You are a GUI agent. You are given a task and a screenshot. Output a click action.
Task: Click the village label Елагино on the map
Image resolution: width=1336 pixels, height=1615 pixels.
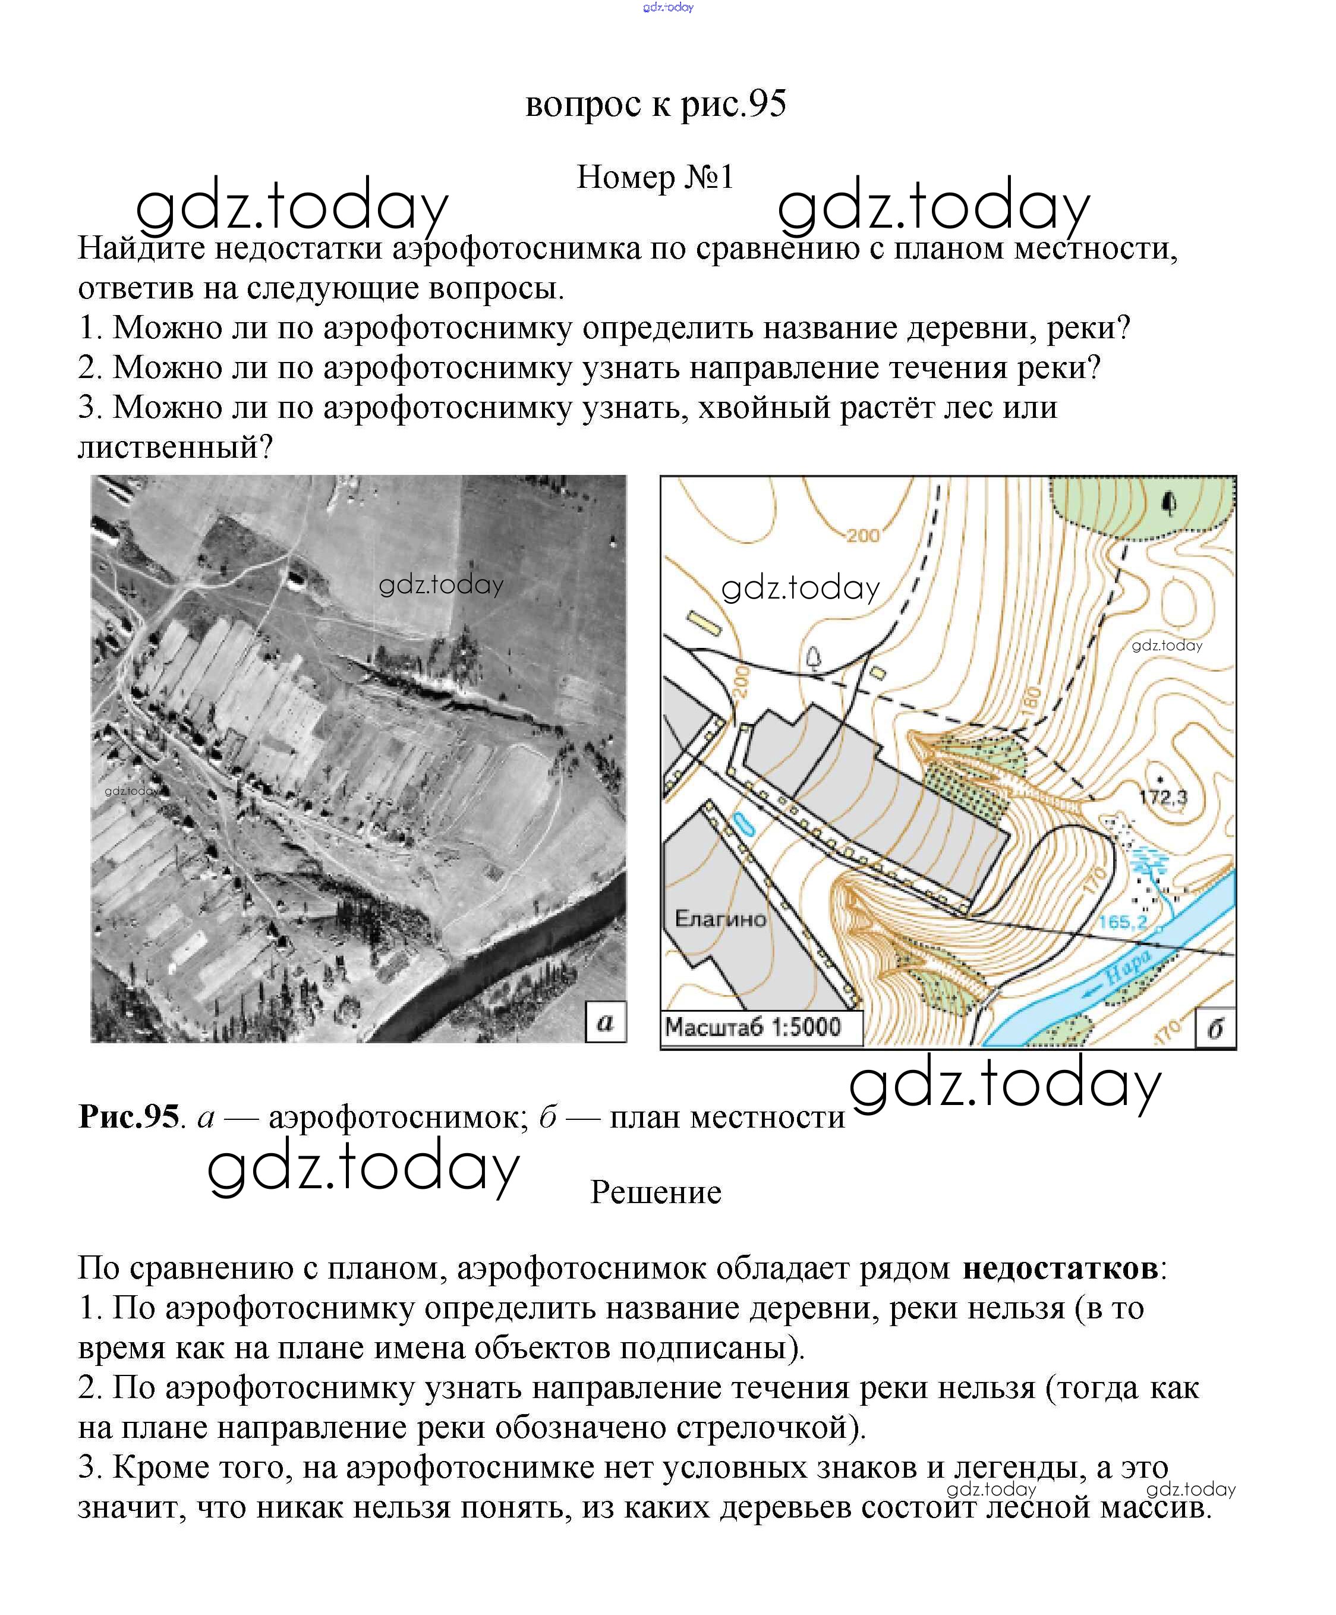click(720, 918)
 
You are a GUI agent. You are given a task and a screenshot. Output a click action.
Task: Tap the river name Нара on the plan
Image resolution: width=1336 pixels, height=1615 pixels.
click(1127, 967)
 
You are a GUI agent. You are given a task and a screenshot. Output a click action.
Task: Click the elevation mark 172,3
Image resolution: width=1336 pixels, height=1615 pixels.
click(1162, 797)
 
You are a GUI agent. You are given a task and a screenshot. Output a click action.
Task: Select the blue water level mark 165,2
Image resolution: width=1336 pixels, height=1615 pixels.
click(1122, 921)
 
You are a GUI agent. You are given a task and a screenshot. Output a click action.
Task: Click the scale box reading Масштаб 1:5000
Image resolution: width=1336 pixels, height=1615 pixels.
click(754, 1027)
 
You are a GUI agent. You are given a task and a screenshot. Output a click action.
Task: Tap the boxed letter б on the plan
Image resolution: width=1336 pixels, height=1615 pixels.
click(1215, 1028)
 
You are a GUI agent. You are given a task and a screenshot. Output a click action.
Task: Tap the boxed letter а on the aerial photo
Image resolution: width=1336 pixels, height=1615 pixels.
click(605, 1022)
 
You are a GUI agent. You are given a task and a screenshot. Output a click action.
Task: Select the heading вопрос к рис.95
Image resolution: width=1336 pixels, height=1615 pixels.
click(656, 104)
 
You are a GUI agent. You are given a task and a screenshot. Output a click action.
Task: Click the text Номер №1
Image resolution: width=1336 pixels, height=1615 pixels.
click(656, 178)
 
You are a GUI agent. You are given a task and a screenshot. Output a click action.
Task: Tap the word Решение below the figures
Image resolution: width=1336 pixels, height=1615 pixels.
click(656, 1192)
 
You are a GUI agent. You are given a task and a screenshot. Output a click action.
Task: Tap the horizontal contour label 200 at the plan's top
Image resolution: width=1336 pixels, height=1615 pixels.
click(862, 535)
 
